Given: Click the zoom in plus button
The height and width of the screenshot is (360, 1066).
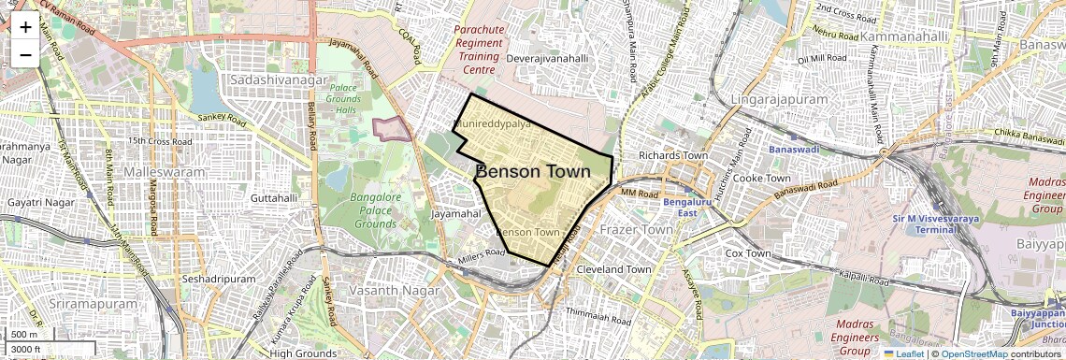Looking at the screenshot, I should (x=25, y=26).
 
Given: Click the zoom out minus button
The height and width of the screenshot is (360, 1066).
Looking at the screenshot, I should (x=25, y=54).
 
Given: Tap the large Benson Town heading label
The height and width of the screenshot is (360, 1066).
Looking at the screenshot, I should (x=533, y=172).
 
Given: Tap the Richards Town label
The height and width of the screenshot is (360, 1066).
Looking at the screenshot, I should (x=672, y=155).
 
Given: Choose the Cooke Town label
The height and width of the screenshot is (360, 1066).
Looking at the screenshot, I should (x=762, y=178).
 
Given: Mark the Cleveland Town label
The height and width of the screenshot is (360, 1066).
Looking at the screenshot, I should (x=613, y=269).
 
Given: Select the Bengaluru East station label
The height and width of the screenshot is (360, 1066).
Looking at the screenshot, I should (x=688, y=207).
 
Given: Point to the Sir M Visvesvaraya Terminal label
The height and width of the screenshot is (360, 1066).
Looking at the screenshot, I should (x=929, y=224).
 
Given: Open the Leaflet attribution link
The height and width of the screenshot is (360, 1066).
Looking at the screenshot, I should (x=904, y=353).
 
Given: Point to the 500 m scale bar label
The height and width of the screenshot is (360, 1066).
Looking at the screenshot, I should (x=25, y=335).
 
